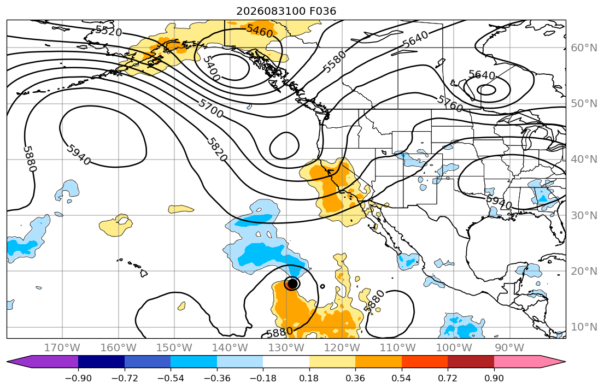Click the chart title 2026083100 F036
pyautogui.click(x=286, y=11)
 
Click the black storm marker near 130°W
pyautogui.click(x=293, y=284)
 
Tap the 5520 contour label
pyautogui.click(x=109, y=31)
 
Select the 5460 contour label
pyautogui.click(x=260, y=31)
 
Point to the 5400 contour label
pyautogui.click(x=212, y=68)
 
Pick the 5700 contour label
pyautogui.click(x=211, y=108)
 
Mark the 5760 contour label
pyautogui.click(x=449, y=104)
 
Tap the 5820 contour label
pyautogui.click(x=217, y=150)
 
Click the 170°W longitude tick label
pyautogui.click(x=62, y=348)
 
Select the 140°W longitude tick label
pyautogui.click(x=230, y=348)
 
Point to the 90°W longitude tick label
pyautogui.click(x=509, y=348)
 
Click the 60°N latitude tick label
pyautogui.click(x=584, y=48)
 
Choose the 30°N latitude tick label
pyautogui.click(x=584, y=215)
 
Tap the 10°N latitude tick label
pyautogui.click(x=584, y=327)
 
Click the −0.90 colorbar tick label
pyautogui.click(x=78, y=378)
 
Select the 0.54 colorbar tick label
pyautogui.click(x=401, y=378)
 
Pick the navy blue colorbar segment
pyautogui.click(x=101, y=362)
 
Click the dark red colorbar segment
pyautogui.click(x=471, y=362)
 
